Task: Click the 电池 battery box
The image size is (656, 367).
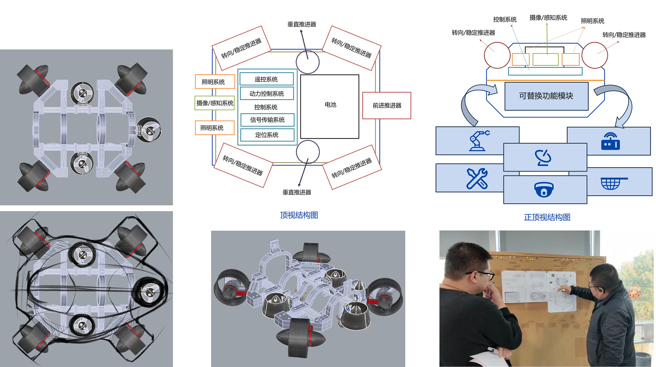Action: coord(330,106)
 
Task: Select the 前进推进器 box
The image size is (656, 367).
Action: coord(387,105)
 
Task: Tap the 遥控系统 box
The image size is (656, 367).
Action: coord(266,79)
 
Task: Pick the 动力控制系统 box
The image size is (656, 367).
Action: coord(267,94)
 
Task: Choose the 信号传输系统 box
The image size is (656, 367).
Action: coord(267,120)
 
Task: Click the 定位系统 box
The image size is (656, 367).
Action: coord(267,135)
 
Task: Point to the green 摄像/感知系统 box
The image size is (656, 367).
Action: coord(214,103)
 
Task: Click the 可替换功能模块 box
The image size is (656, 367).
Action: coord(546,96)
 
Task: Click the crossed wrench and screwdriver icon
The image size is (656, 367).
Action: coord(477,179)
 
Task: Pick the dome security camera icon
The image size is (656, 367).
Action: coord(544,190)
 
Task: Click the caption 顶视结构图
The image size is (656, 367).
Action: coord(299,215)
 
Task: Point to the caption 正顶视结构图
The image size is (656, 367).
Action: coord(547,217)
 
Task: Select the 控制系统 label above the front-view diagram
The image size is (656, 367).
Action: coord(505,19)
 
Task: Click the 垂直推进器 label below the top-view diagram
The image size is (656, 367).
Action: coord(297,192)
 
